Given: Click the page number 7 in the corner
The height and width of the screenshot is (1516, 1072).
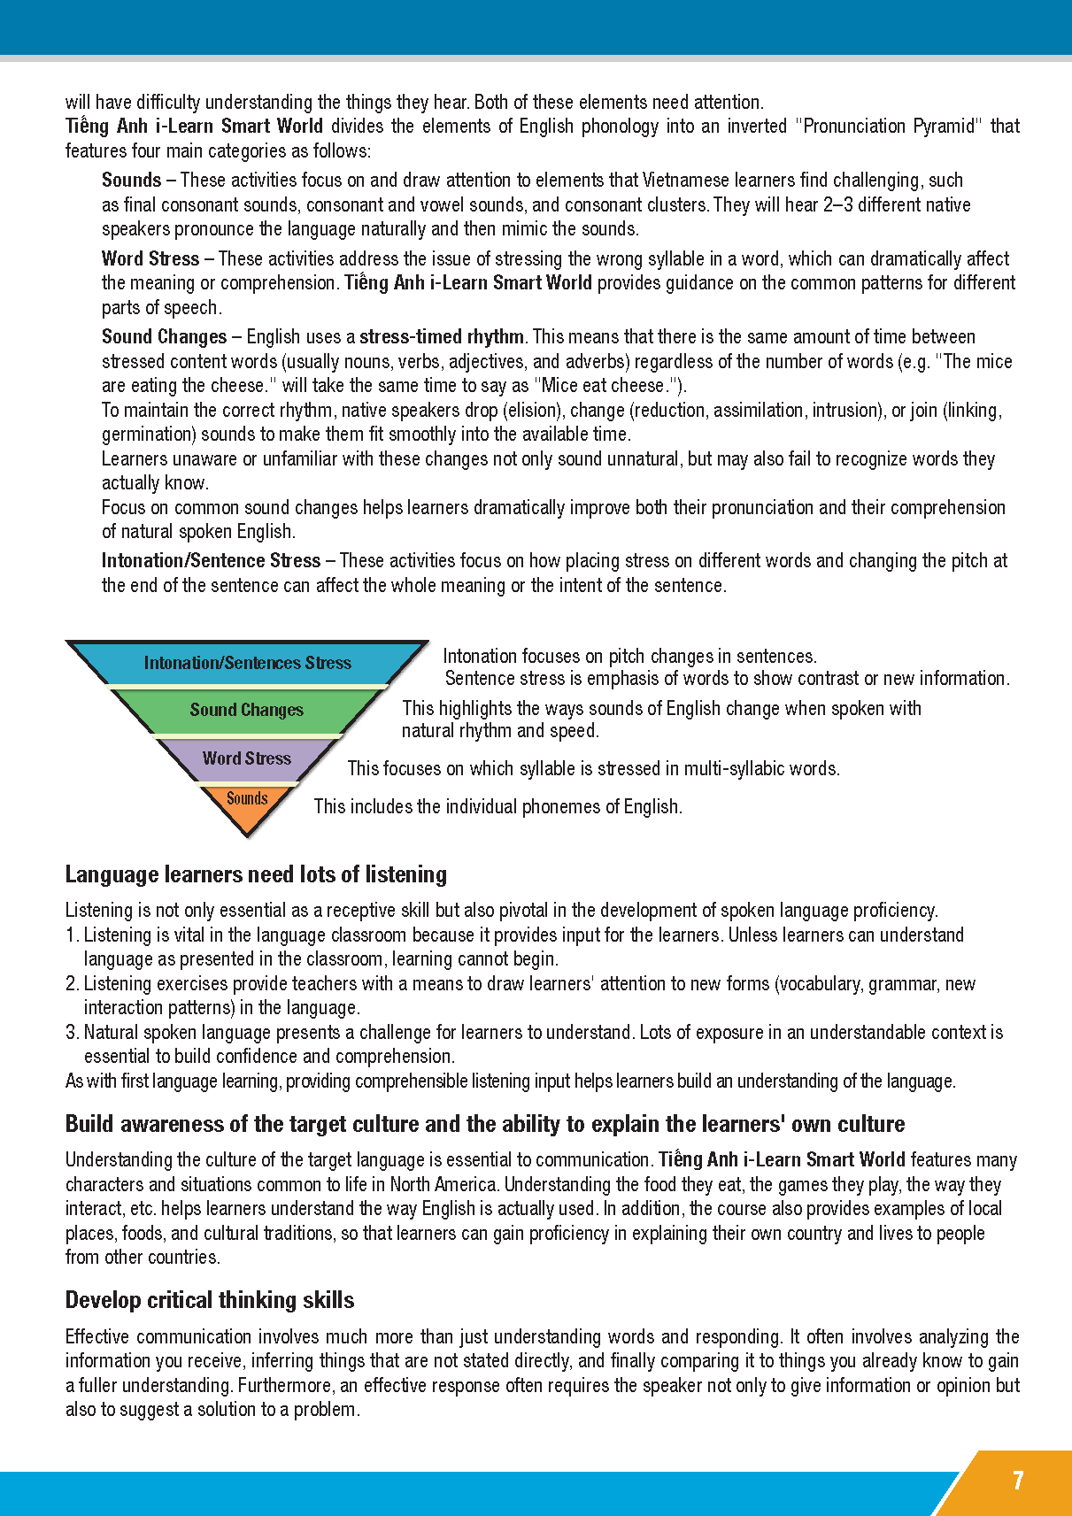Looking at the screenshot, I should (x=1018, y=1481).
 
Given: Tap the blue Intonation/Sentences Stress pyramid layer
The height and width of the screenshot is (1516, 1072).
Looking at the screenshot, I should (x=247, y=663).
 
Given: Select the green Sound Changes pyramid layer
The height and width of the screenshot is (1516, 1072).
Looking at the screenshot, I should (x=246, y=710).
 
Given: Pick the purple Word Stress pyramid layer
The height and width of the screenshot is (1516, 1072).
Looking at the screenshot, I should (x=246, y=758).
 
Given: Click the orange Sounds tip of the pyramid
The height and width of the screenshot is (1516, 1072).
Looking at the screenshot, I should (x=247, y=799).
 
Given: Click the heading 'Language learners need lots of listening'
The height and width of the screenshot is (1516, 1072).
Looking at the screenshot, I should (x=256, y=874).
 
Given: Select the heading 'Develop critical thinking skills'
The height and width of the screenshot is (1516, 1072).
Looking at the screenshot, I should (x=210, y=1300).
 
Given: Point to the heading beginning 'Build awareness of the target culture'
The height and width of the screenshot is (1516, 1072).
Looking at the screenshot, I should (x=484, y=1124).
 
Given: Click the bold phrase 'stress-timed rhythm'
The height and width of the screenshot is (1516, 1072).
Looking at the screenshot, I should (x=442, y=337).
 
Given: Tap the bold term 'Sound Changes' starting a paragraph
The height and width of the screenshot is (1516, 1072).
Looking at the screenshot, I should (x=165, y=337).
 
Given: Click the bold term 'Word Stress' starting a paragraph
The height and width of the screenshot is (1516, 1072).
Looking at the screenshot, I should (x=150, y=259).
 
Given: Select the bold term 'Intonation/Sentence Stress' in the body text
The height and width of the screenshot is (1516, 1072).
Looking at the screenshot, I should (x=211, y=561).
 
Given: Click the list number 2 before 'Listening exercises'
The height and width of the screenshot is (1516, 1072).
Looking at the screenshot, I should (x=72, y=984).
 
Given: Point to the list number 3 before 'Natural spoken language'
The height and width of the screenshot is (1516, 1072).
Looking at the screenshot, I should (x=72, y=1033).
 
